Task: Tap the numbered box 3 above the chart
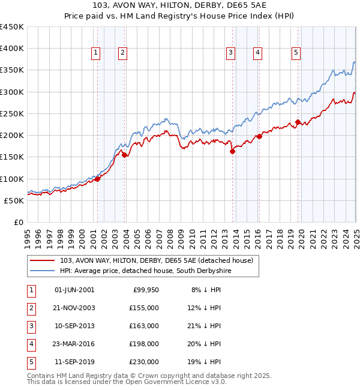click(230, 53)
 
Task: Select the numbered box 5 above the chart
click(296, 53)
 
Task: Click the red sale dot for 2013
click(232, 151)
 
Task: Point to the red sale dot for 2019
click(298, 122)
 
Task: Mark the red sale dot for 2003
click(124, 155)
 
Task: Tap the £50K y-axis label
click(14, 200)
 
